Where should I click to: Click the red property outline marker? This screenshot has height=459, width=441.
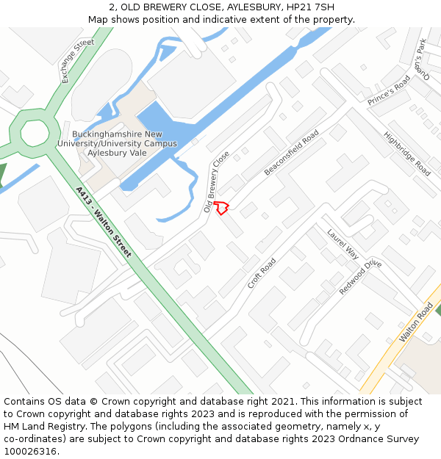click(222, 207)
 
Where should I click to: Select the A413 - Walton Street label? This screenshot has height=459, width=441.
click(103, 222)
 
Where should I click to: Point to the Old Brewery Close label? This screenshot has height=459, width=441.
click(217, 182)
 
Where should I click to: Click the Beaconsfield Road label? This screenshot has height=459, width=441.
click(292, 153)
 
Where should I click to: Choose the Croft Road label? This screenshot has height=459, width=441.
click(262, 273)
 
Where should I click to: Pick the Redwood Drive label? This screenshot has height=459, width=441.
click(361, 277)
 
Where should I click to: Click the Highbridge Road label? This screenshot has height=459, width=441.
click(407, 153)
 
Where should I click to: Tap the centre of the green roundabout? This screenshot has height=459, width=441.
click(35, 133)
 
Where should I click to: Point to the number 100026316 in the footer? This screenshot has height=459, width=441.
click(31, 452)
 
